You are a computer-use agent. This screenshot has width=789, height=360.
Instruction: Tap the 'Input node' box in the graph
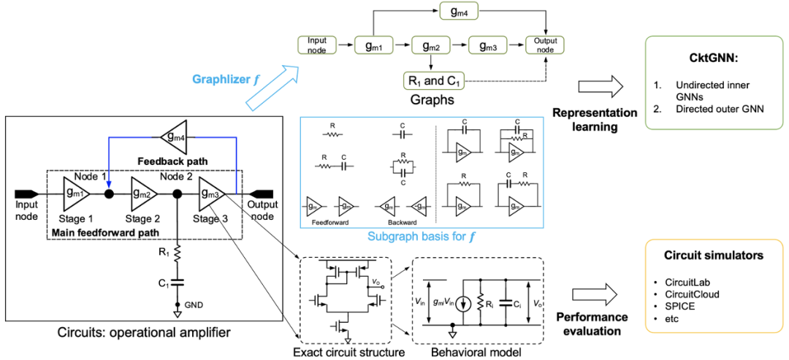[x=317, y=45]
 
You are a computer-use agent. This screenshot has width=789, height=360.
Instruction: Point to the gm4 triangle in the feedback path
[x=172, y=137]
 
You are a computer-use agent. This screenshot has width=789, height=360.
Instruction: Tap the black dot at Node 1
[x=109, y=194]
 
